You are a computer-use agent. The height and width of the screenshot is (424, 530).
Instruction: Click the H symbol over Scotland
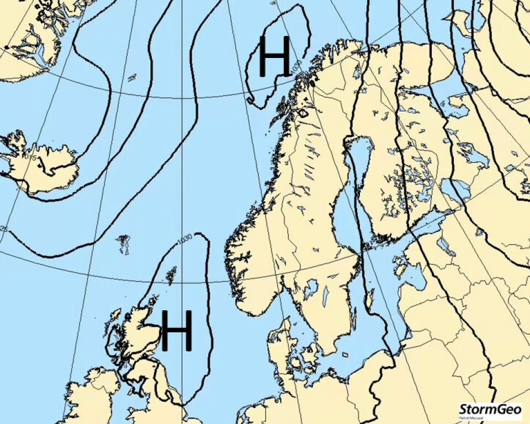[x=177, y=330]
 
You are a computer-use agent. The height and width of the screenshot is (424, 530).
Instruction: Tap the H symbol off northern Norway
[x=274, y=56]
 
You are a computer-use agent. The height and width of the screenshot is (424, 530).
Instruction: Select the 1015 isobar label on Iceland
[x=30, y=158]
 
